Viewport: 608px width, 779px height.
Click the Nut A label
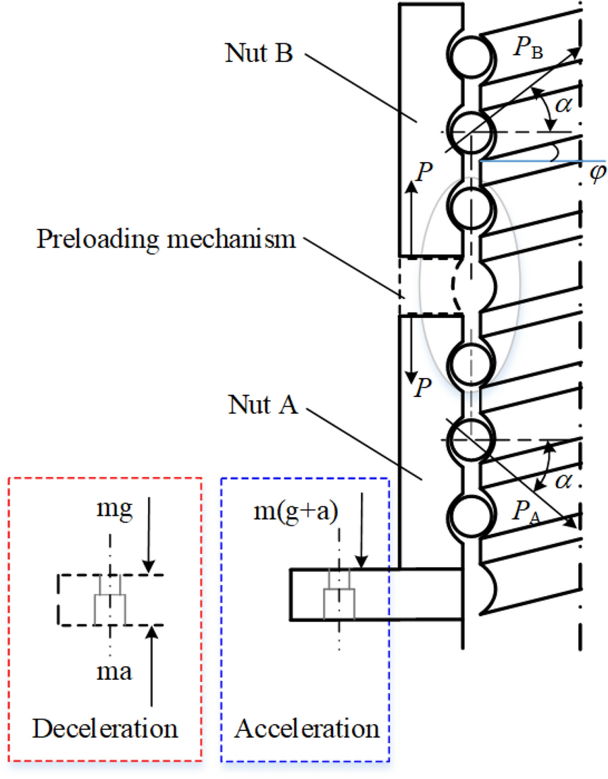pyautogui.click(x=259, y=406)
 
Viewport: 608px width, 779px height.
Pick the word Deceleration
pyautogui.click(x=105, y=728)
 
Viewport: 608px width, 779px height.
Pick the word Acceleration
pyautogui.click(x=307, y=728)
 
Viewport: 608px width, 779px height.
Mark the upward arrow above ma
pyautogui.click(x=151, y=662)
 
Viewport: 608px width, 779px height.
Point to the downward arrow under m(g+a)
pyautogui.click(x=363, y=533)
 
